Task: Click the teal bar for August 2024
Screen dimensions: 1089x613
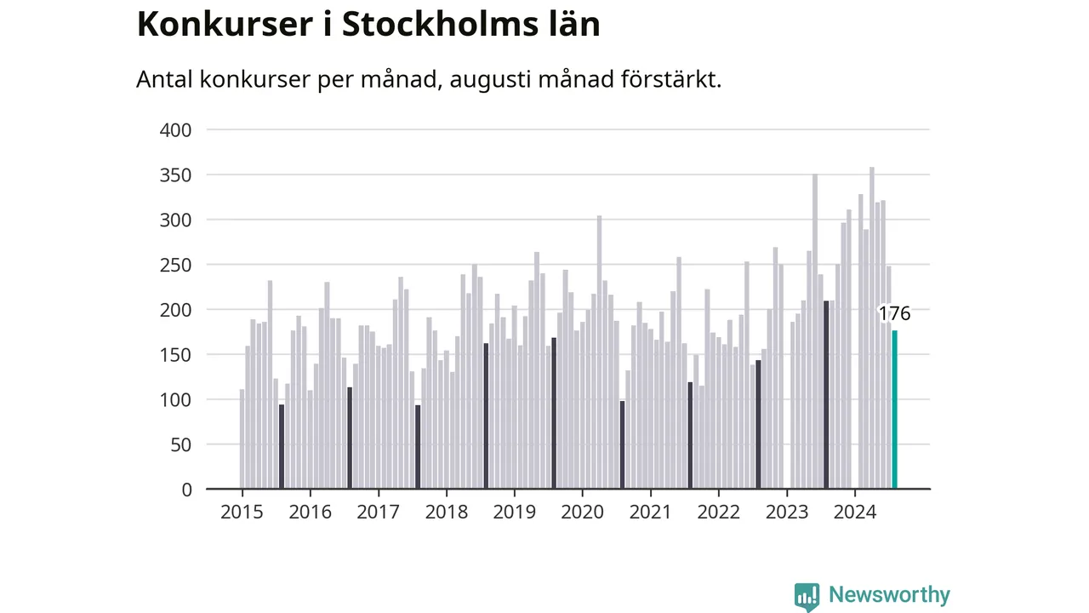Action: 894,410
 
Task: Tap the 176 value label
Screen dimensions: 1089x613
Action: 894,313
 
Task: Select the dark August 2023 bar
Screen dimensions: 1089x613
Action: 826,394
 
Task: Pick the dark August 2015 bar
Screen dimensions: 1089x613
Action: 282,447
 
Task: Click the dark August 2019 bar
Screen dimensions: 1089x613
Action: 554,413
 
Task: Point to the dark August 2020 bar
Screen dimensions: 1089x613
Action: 622,444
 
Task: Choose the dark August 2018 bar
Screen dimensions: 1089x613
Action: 486,416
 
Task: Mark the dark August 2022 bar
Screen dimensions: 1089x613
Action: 758,424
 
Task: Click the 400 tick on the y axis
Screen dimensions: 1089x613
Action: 175,130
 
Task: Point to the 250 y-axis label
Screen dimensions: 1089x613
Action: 175,265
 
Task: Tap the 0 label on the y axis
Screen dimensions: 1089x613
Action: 186,490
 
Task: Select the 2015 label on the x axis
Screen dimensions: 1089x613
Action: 242,512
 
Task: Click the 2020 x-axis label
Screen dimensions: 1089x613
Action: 583,512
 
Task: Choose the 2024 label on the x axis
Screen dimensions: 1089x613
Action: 855,512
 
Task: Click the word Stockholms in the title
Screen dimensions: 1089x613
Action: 441,24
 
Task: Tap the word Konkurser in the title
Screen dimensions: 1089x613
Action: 225,24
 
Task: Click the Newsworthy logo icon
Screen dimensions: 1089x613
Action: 807,597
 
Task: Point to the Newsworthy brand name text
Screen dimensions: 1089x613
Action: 889,594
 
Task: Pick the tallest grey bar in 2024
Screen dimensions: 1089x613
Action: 872,328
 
